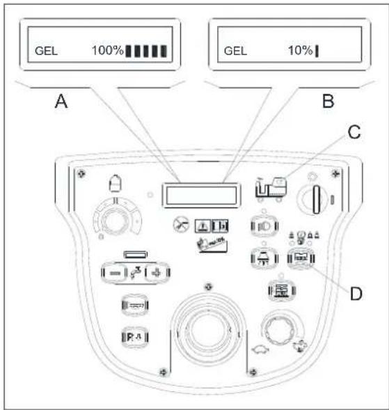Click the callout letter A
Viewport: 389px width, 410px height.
coord(61,101)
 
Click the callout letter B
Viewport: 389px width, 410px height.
coord(328,101)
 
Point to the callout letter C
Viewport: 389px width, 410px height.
coord(354,132)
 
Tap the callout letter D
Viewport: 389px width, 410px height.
coord(356,294)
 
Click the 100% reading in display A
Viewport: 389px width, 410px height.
coord(107,50)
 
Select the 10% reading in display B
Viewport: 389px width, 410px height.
coord(301,50)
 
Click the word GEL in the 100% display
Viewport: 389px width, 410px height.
coord(46,51)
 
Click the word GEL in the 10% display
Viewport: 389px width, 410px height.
coord(235,51)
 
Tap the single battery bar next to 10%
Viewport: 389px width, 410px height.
coord(317,51)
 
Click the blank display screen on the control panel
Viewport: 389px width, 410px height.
coord(201,196)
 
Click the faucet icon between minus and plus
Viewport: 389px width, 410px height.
coord(136,272)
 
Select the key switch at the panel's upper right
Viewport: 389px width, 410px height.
coord(317,200)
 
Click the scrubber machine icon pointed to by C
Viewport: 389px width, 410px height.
coord(271,187)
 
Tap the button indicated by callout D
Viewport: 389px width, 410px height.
coord(301,258)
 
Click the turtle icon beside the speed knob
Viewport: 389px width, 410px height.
coord(260,350)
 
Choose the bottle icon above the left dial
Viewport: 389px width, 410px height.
coord(116,183)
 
